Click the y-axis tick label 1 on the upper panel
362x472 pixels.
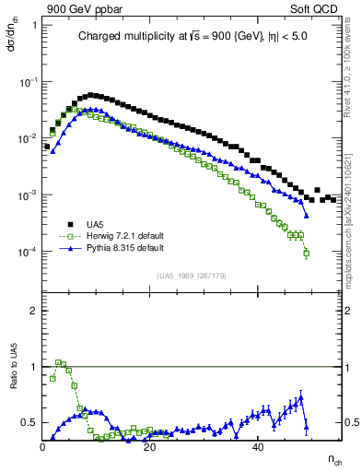(34, 25)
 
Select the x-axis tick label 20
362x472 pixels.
(151, 446)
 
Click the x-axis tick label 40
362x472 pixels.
(259, 446)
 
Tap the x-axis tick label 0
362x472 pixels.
(43, 446)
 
